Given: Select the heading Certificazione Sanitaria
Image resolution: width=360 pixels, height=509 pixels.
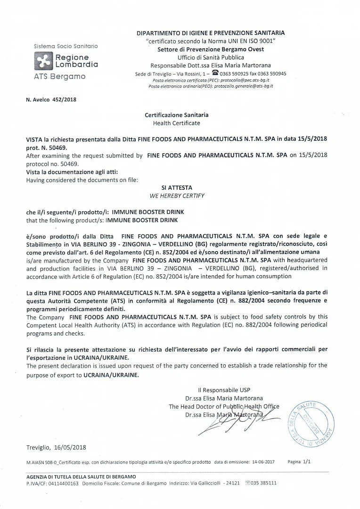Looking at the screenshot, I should click(x=176, y=115).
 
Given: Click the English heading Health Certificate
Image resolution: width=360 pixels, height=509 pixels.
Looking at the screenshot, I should click(x=176, y=123).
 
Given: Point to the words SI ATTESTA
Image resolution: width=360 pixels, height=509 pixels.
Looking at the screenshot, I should click(x=177, y=188).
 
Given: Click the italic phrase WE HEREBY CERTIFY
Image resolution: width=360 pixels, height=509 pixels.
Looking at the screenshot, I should click(x=177, y=196).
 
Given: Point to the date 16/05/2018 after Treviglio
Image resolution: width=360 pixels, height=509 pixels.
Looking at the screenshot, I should click(x=71, y=447).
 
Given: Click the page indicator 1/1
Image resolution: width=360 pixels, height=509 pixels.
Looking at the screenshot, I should click(x=307, y=462).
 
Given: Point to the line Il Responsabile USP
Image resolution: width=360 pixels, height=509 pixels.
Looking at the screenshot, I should click(x=224, y=390).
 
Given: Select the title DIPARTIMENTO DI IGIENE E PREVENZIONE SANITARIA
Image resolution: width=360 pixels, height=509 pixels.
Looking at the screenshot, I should click(x=211, y=33).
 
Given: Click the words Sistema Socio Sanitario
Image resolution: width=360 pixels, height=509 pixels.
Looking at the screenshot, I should click(x=66, y=46).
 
